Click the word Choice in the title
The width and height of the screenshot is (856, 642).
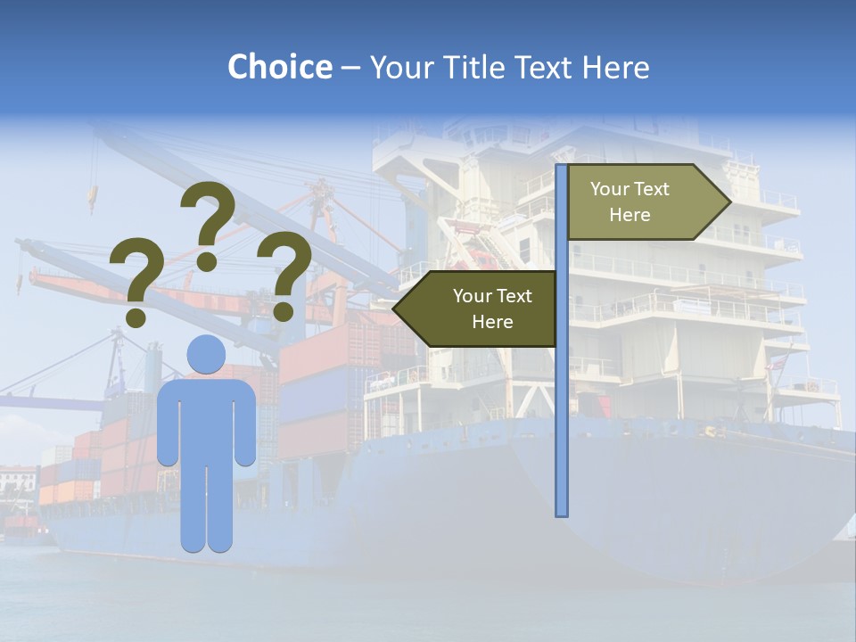pyautogui.click(x=279, y=68)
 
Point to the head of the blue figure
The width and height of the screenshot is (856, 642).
pyautogui.click(x=206, y=355)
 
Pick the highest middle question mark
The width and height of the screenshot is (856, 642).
pyautogui.click(x=208, y=218)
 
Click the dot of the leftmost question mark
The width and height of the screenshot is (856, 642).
pyautogui.click(x=136, y=317)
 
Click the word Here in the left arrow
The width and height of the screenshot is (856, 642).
pyautogui.click(x=492, y=322)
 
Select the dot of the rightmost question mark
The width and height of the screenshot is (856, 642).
pyautogui.click(x=283, y=311)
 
